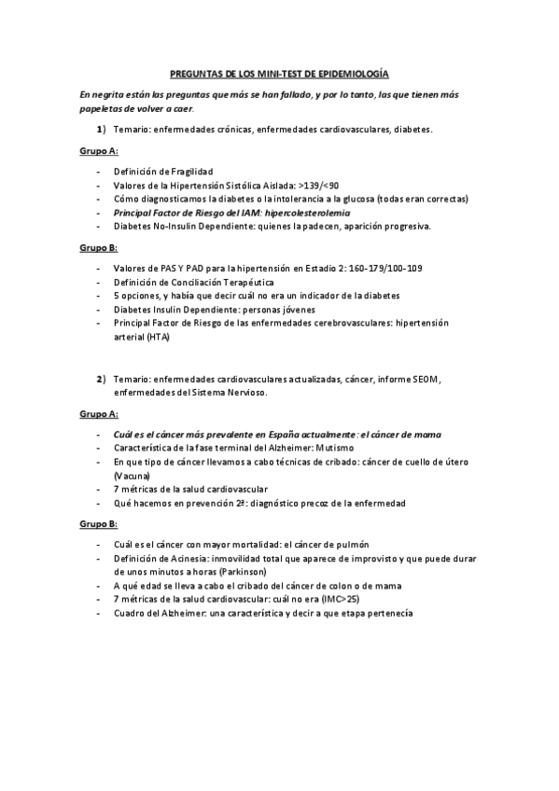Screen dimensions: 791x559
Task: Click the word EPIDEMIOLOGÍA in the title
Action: (x=349, y=73)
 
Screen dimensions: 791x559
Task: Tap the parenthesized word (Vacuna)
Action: (x=134, y=475)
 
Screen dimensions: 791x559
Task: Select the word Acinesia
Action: (x=179, y=558)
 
